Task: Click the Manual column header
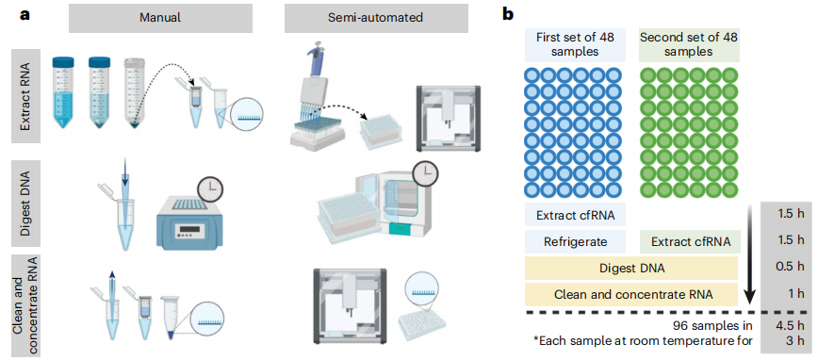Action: click(160, 18)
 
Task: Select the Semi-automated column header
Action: click(376, 18)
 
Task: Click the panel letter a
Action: click(24, 14)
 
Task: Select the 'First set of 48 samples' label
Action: click(575, 45)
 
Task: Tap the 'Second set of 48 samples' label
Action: click(690, 45)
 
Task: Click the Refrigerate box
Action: click(575, 241)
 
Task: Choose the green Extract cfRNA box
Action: click(690, 241)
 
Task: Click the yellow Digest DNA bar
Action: click(631, 268)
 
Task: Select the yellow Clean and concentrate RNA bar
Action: click(631, 294)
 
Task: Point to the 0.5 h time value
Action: click(789, 268)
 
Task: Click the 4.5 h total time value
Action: click(789, 327)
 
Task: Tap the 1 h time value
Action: click(794, 294)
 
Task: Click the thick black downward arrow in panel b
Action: click(749, 254)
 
